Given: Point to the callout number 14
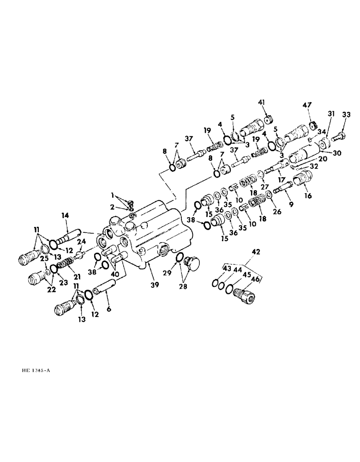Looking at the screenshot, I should coord(64,215).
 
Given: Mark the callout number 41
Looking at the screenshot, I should coord(262,103).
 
